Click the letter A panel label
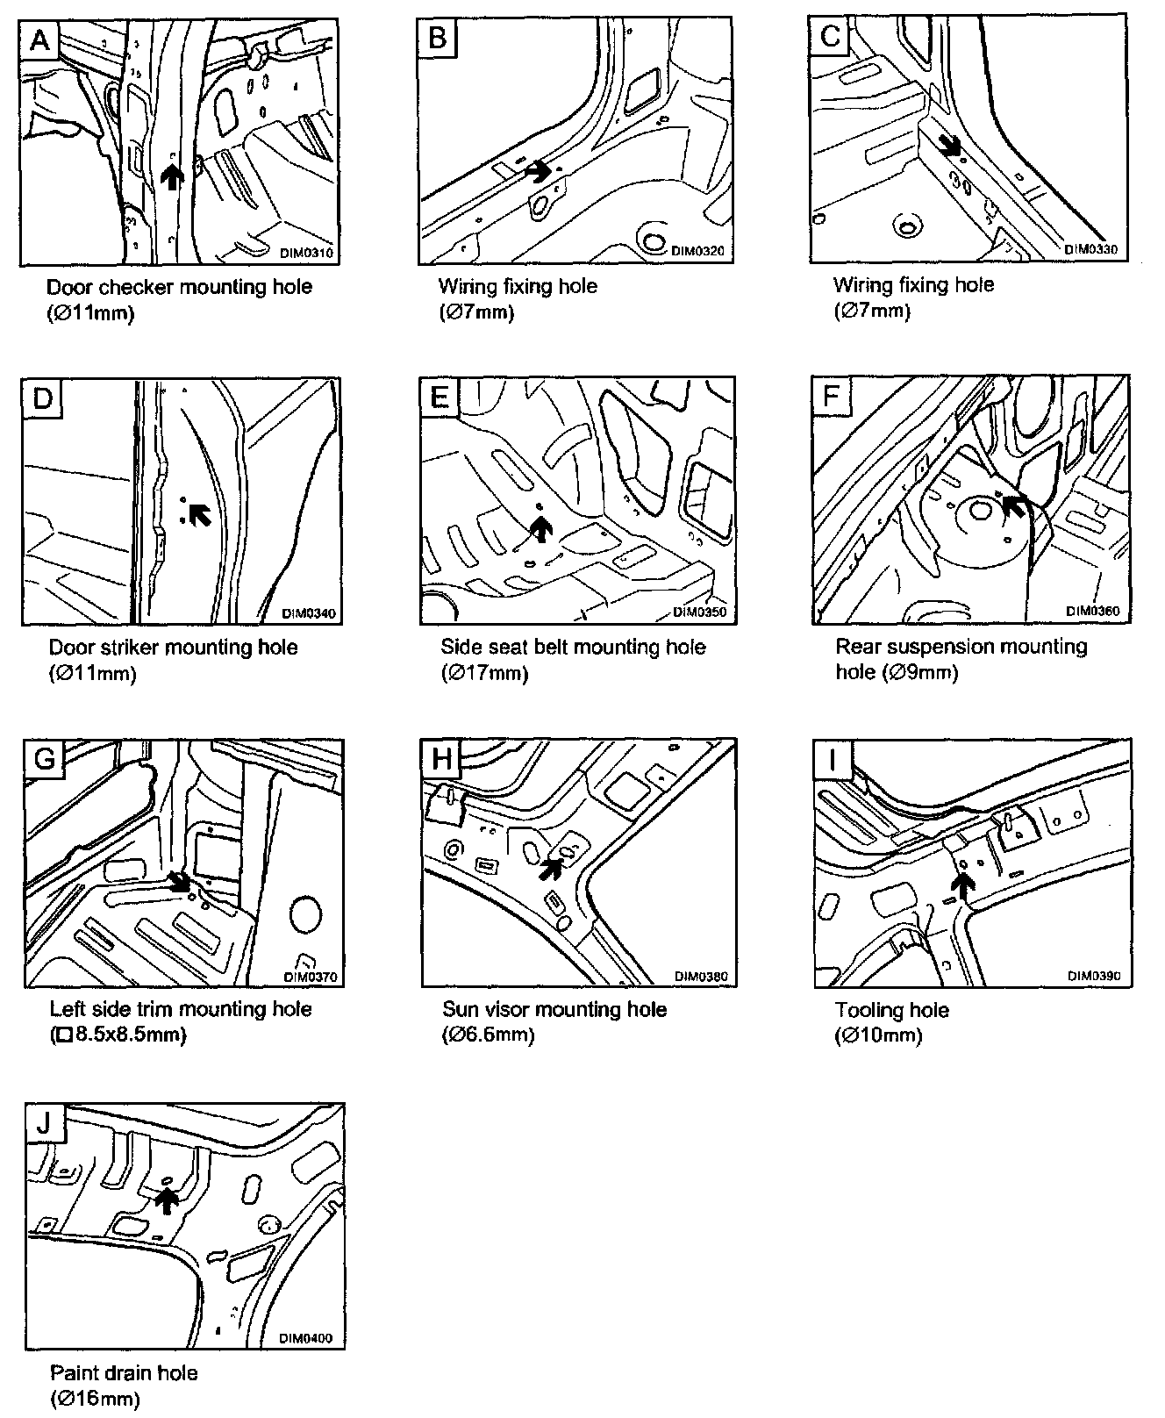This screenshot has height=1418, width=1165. [39, 39]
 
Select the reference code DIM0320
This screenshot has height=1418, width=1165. [697, 250]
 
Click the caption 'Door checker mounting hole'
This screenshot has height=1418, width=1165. [179, 287]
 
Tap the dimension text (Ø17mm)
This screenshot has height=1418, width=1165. [484, 674]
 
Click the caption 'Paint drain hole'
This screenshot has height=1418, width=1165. [124, 1373]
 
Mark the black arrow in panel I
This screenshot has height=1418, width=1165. [963, 888]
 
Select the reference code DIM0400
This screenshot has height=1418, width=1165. [306, 1339]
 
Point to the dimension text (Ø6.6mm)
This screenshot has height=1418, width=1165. [489, 1035]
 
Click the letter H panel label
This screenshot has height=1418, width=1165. [440, 757]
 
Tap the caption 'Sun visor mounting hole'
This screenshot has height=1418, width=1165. [554, 1010]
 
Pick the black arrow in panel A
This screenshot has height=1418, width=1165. [174, 177]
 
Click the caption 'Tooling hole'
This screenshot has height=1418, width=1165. [891, 1010]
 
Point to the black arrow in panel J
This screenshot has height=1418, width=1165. [166, 1200]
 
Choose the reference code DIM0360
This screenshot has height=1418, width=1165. [1092, 611]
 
